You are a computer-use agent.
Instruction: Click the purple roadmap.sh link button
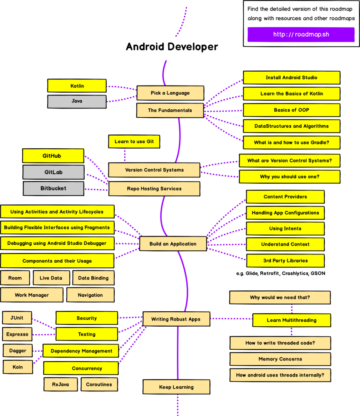pyautogui.click(x=301, y=34)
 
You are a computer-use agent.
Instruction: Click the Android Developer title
pyautogui.click(x=172, y=47)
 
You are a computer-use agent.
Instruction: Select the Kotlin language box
pyautogui.click(x=77, y=86)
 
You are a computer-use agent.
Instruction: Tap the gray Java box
pyautogui.click(x=77, y=101)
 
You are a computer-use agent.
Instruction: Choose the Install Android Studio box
pyautogui.click(x=291, y=77)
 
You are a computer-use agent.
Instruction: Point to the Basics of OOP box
pyautogui.click(x=291, y=110)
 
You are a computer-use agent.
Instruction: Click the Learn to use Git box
pyautogui.click(x=134, y=141)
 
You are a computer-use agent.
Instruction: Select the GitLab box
pyautogui.click(x=53, y=172)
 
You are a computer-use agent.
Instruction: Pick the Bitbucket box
pyautogui.click(x=53, y=188)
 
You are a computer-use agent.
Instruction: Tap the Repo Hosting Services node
pyautogui.click(x=154, y=189)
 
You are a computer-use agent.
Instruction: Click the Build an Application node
pyautogui.click(x=173, y=244)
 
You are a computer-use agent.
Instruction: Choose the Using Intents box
pyautogui.click(x=285, y=228)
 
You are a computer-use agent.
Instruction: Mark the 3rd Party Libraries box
pyautogui.click(x=285, y=260)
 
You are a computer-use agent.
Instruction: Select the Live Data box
pyautogui.click(x=51, y=278)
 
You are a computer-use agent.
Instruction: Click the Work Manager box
pyautogui.click(x=32, y=295)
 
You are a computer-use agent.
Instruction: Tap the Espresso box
pyautogui.click(x=17, y=334)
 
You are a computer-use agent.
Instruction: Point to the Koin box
pyautogui.click(x=18, y=367)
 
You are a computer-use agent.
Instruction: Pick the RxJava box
pyautogui.click(x=60, y=384)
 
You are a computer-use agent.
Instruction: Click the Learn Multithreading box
pyautogui.click(x=291, y=320)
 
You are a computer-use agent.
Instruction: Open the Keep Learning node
pyautogui.click(x=176, y=387)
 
